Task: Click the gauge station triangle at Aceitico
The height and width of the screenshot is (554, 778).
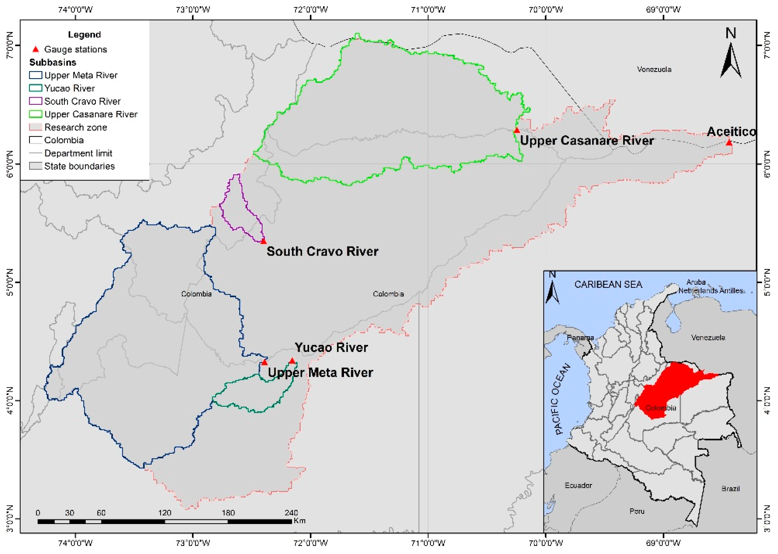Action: (729, 143)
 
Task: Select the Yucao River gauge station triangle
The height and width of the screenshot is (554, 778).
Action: (292, 361)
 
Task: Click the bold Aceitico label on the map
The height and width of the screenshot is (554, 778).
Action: (731, 131)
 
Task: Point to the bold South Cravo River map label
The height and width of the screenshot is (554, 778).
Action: (322, 251)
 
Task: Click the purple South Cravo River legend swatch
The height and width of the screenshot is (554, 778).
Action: (35, 101)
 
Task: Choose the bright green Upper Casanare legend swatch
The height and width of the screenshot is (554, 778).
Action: (35, 114)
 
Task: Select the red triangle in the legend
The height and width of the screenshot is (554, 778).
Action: (35, 49)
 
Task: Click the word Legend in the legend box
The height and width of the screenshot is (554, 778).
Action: (84, 34)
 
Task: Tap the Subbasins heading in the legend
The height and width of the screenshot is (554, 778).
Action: (52, 62)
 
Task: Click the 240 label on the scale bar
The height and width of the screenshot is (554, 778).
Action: (291, 513)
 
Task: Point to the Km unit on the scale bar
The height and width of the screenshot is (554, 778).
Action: (299, 521)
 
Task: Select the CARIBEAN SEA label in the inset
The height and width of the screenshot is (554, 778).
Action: (608, 284)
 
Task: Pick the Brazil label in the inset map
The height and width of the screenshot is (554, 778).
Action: (731, 488)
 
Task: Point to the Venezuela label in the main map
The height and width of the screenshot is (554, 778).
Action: (654, 70)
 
